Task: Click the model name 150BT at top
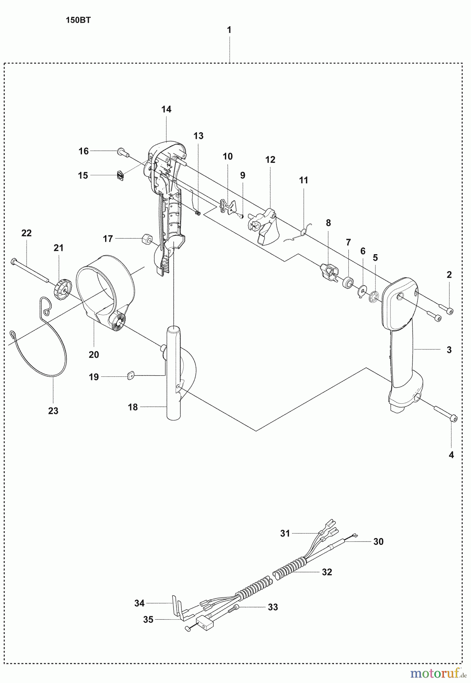[x=78, y=20]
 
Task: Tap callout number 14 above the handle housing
[x=166, y=109]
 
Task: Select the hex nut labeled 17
[x=146, y=240]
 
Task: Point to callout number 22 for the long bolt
[x=27, y=233]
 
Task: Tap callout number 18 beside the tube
[x=133, y=407]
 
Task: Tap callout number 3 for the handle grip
[x=449, y=350]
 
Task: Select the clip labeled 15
[x=120, y=175]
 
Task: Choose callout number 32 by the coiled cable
[x=327, y=572]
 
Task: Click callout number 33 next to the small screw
[x=273, y=607]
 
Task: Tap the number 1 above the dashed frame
[x=229, y=30]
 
